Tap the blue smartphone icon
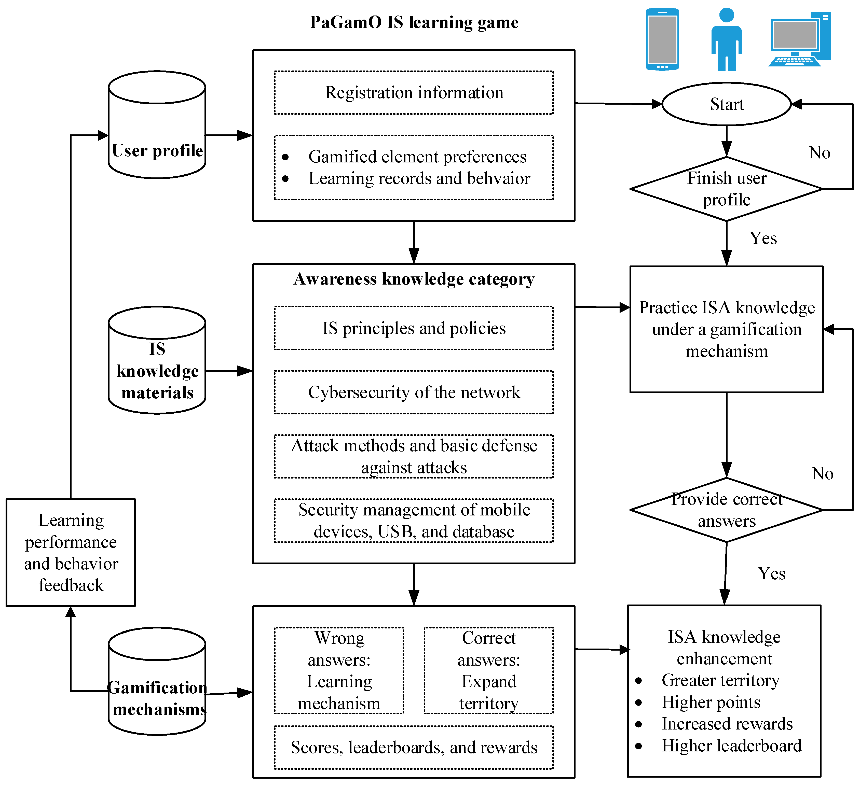click(662, 39)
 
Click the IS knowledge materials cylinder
click(157, 360)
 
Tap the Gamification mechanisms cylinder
click(157, 681)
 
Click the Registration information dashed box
click(414, 93)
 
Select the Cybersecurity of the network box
click(414, 392)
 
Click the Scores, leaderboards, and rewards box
click(414, 747)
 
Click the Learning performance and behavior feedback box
click(71, 552)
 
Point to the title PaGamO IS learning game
click(414, 22)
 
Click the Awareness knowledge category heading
click(414, 279)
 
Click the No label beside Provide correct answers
click(822, 473)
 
